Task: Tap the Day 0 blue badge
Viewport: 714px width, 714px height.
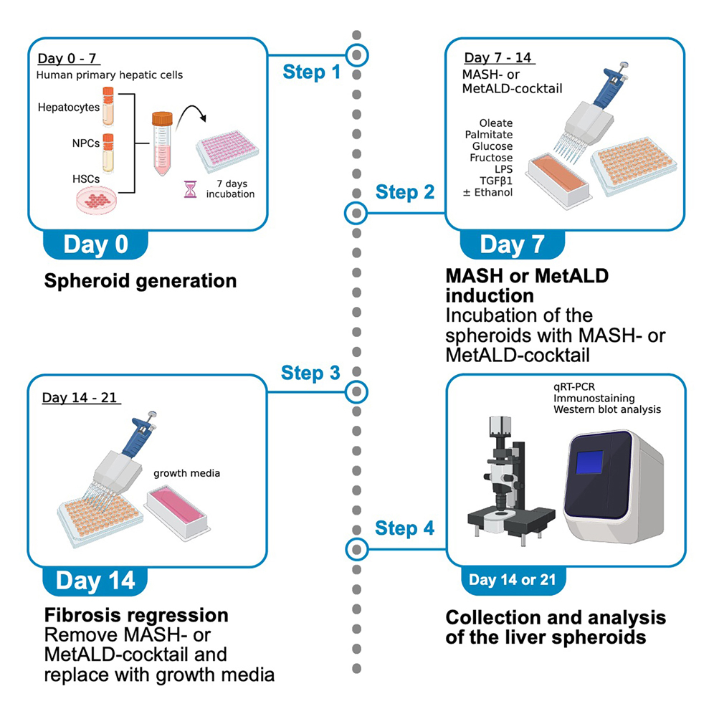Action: [95, 244]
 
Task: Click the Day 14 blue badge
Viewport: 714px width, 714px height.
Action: [95, 580]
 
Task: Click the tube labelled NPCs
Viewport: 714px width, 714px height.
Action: [108, 152]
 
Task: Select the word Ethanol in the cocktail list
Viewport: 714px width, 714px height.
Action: [496, 192]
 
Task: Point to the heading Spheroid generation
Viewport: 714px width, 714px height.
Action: [141, 280]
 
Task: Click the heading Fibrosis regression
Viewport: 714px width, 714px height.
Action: [136, 615]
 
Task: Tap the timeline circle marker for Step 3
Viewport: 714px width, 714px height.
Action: [356, 391]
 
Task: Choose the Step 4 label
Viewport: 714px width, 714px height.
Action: [405, 528]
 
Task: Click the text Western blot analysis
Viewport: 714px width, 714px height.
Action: [606, 409]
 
